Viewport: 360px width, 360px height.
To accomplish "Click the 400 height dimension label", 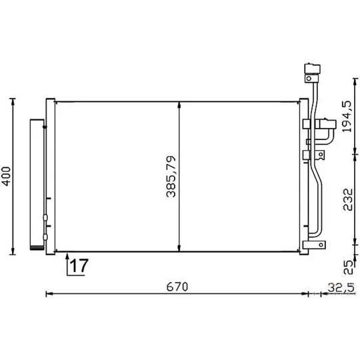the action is point(7,176).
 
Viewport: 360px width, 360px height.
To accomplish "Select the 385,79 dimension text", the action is point(171,177).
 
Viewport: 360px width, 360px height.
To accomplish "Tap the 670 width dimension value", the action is point(177,287).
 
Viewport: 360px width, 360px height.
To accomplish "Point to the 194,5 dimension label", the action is point(347,117).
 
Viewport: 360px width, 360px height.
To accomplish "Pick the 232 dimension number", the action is point(347,199).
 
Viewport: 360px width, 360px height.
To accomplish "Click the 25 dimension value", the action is point(348,267).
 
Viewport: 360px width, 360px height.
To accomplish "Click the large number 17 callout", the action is point(79,265).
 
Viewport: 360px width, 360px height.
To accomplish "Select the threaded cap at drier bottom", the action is point(37,248).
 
